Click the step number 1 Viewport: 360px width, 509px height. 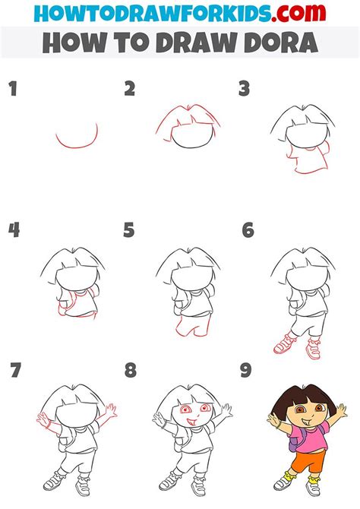[13, 89]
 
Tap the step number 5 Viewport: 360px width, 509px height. [128, 230]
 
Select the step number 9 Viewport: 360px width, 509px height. [246, 371]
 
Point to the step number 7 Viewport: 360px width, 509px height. [15, 371]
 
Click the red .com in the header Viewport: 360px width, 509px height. [298, 13]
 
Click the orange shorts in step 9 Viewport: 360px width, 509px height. [307, 461]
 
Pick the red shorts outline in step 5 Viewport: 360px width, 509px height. [192, 326]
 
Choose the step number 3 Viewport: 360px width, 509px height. [244, 89]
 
